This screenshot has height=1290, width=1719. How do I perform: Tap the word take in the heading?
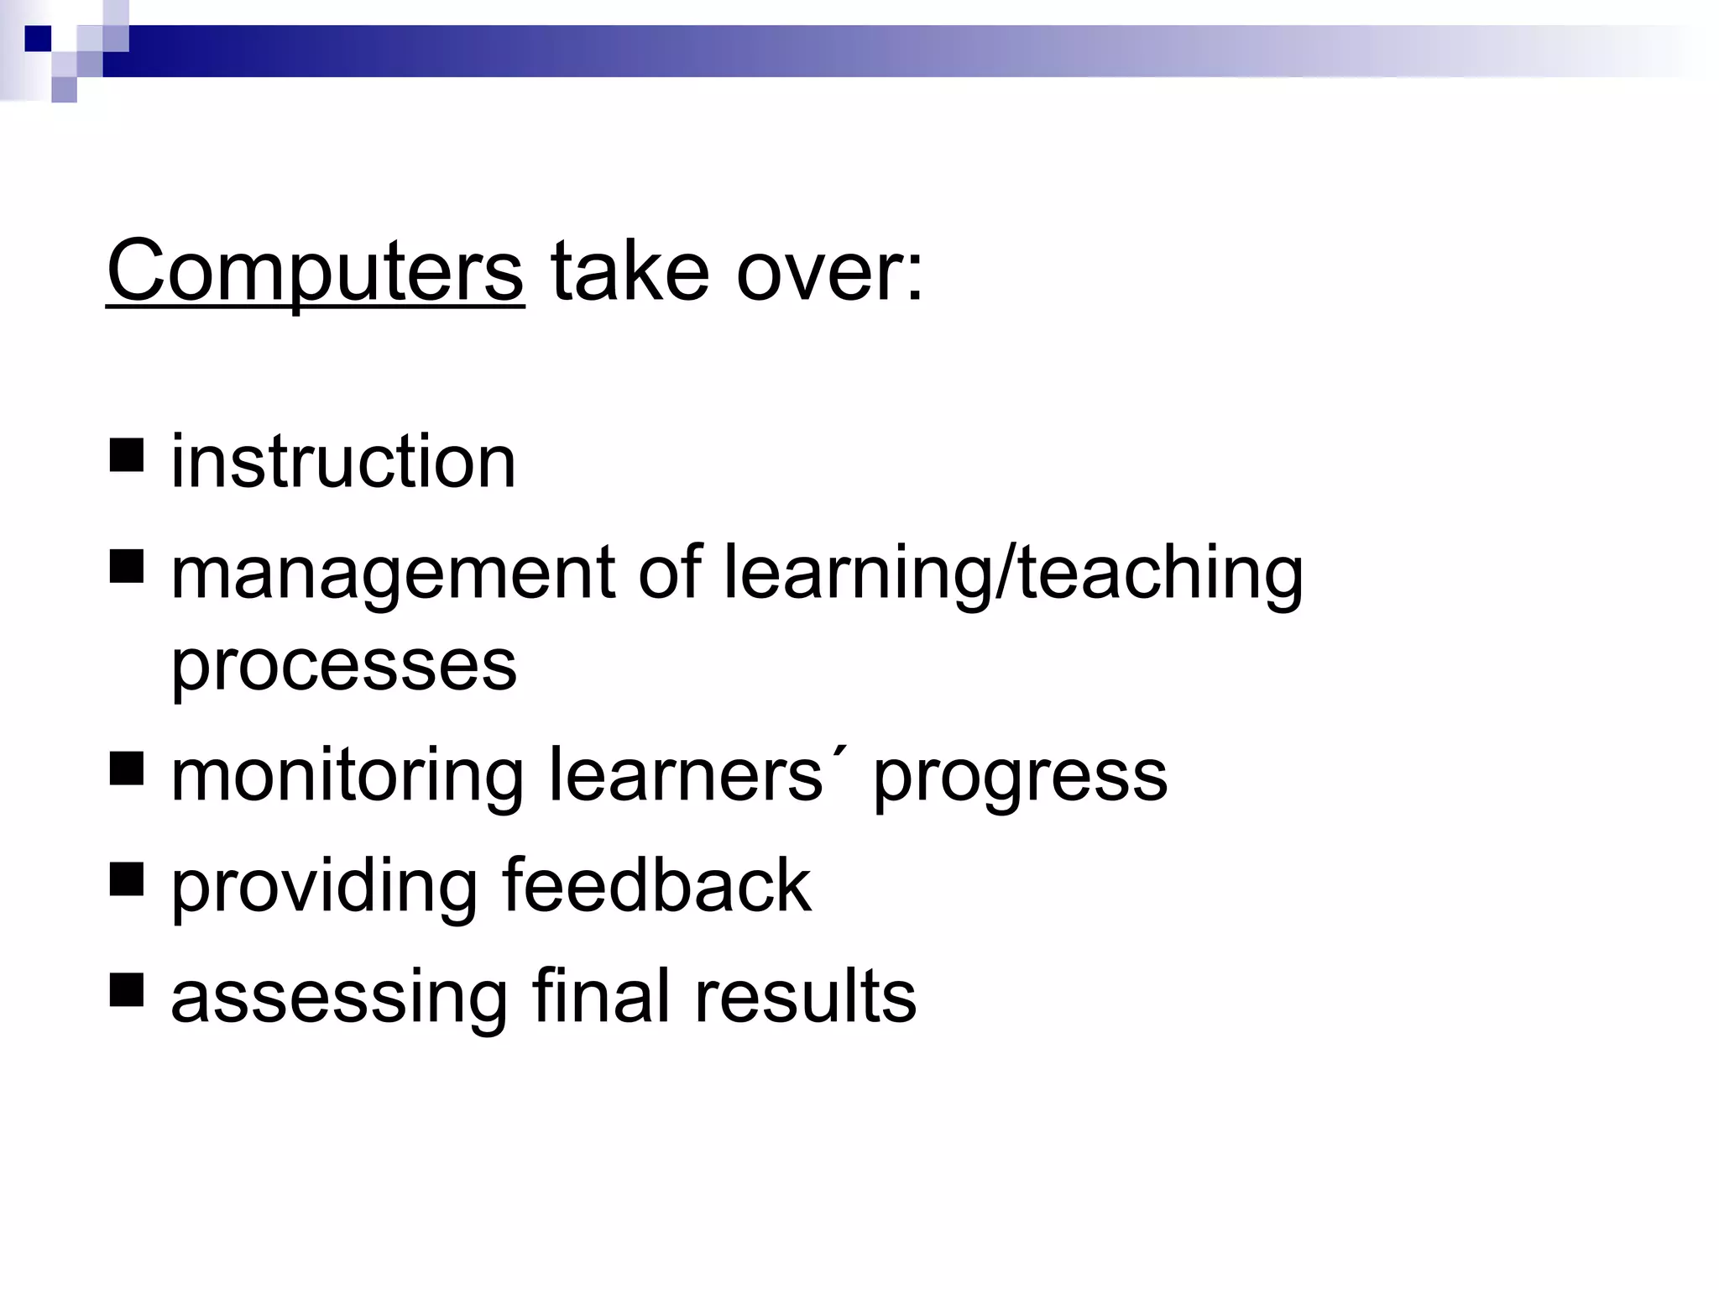tap(629, 271)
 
